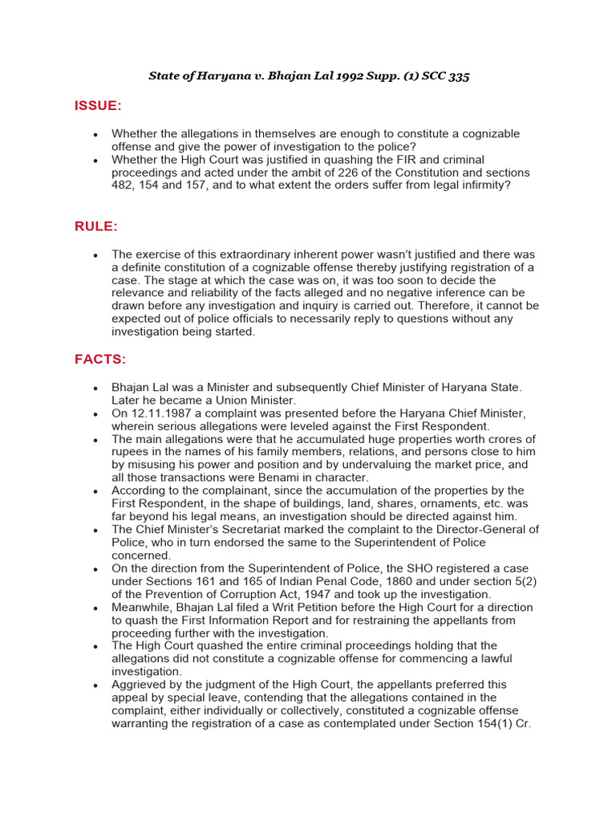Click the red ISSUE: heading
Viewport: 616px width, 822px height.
point(98,106)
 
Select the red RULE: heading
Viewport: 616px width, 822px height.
point(96,226)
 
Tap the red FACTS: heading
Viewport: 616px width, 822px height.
point(100,359)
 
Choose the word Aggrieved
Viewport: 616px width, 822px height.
point(140,685)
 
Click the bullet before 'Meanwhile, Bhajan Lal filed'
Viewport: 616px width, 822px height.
point(95,608)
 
